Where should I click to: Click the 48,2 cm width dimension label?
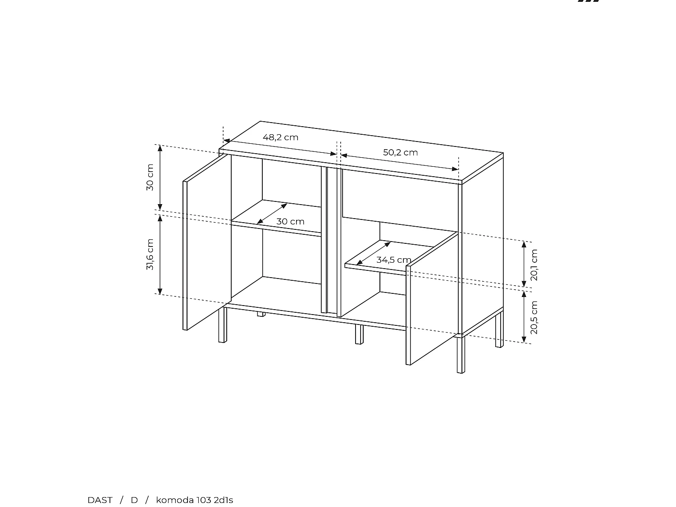click(x=280, y=137)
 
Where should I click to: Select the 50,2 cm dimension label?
click(x=400, y=152)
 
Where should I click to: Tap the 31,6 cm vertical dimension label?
click(x=150, y=255)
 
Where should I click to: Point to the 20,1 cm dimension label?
click(x=534, y=265)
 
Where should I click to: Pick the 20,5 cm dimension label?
click(x=534, y=317)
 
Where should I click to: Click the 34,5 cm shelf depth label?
click(x=393, y=260)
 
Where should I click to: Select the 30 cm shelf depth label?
click(x=290, y=222)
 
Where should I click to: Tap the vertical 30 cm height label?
click(x=150, y=177)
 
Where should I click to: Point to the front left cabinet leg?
click(x=222, y=325)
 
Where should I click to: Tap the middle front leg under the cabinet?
click(x=359, y=334)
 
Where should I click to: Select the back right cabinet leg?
click(x=499, y=331)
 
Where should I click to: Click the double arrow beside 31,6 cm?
click(x=160, y=255)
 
